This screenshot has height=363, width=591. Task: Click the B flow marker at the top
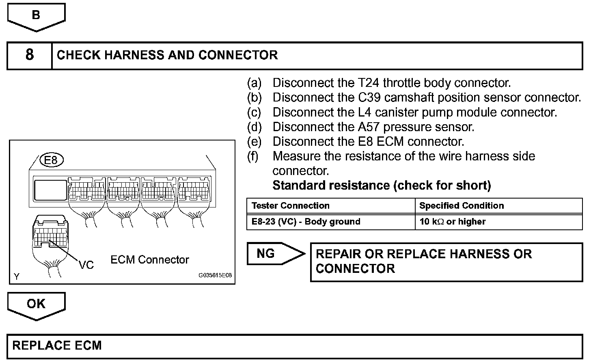pos(36,15)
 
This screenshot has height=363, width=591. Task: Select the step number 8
pos(30,55)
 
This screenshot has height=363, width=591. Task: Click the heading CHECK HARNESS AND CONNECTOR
pos(167,55)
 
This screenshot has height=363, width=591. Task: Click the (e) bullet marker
pos(255,141)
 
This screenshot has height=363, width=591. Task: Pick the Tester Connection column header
pos(291,205)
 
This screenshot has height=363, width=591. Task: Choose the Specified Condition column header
pos(462,205)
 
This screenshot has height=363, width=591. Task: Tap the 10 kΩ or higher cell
pos(452,222)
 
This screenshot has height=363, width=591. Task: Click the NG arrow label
pos(266,253)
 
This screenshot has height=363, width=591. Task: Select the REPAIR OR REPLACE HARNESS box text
pos(423,261)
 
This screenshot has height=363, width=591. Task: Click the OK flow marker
pos(36,304)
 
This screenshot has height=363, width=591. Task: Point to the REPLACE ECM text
pos(57,346)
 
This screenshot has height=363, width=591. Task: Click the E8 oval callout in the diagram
pos(51,160)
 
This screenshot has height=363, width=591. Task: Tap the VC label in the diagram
pos(86,265)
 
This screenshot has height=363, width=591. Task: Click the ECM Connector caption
pos(150,259)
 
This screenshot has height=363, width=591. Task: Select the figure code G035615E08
pos(215,275)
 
